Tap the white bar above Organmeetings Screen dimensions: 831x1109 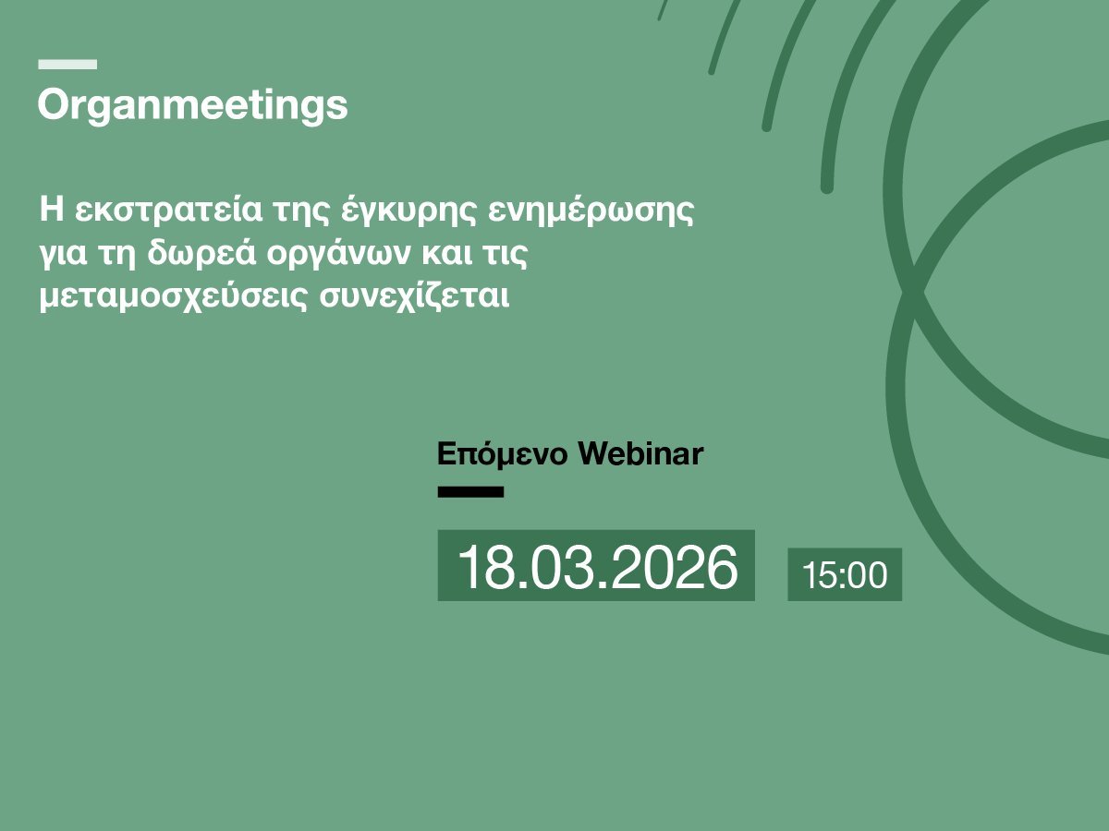pos(67,65)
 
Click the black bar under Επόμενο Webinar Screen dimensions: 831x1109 pos(470,492)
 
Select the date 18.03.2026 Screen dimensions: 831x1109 pos(597,566)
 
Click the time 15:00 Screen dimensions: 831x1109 pos(845,575)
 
